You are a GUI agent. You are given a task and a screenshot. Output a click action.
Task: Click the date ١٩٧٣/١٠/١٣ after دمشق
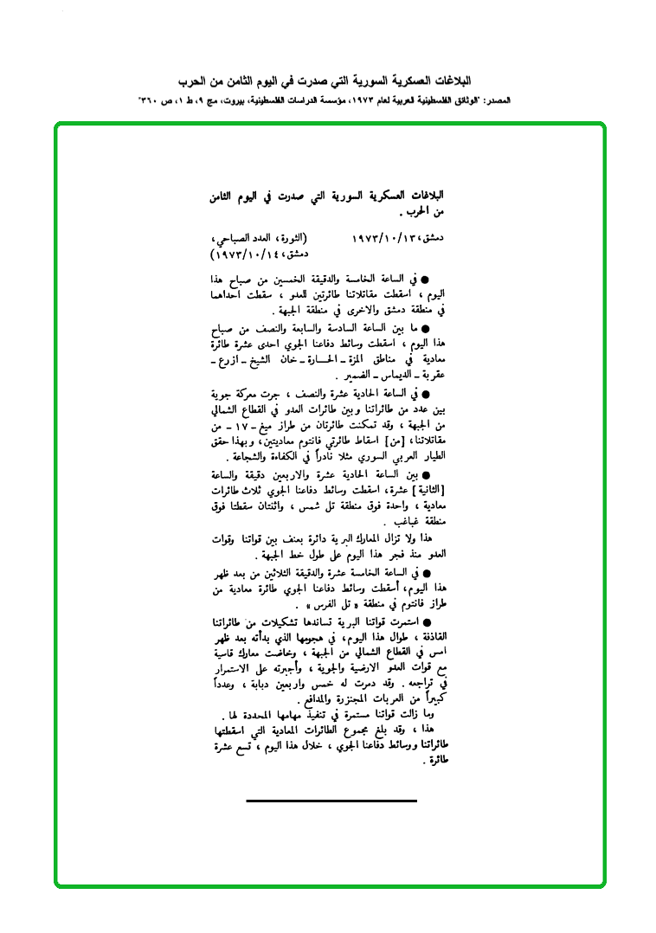pos(386,237)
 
